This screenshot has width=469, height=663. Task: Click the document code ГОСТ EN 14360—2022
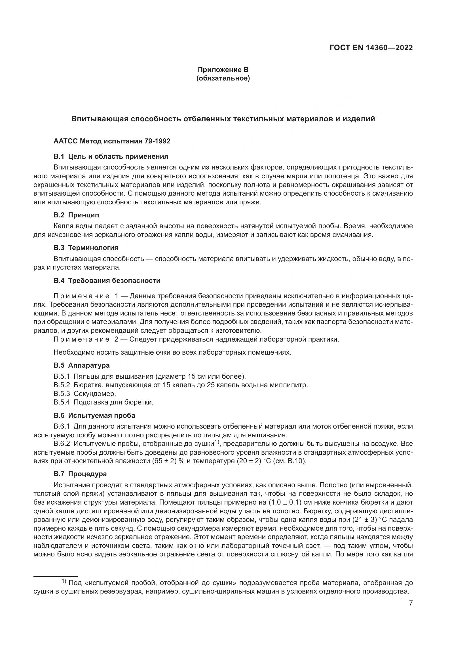[x=371, y=48]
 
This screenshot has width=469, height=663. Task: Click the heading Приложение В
[x=223, y=70]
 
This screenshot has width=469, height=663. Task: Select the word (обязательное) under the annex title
[x=223, y=78]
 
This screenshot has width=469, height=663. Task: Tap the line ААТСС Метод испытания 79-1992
[x=112, y=141]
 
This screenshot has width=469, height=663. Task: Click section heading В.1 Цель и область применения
[x=111, y=156]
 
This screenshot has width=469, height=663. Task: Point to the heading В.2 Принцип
[x=76, y=215]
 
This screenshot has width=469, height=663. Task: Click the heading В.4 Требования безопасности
[x=107, y=280]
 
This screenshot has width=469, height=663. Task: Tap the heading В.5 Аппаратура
[x=81, y=365]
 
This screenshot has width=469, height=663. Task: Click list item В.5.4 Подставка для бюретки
[x=103, y=402]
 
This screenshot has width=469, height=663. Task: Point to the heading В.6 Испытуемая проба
[x=94, y=416]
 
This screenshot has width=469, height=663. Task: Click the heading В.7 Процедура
[x=80, y=474]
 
